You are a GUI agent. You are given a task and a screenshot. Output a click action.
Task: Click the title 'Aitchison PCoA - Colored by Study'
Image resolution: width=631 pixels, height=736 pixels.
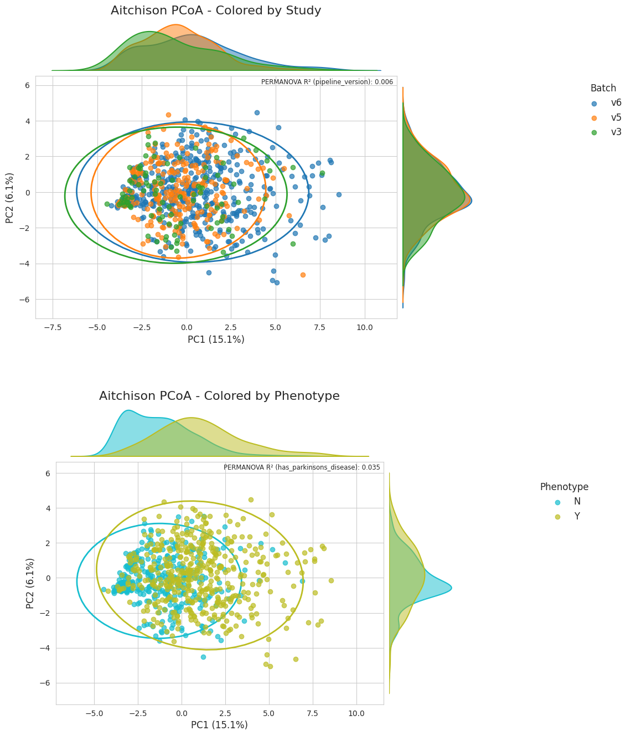[x=216, y=11]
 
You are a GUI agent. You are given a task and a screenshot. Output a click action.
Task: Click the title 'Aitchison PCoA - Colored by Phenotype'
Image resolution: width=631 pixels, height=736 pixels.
[x=219, y=395]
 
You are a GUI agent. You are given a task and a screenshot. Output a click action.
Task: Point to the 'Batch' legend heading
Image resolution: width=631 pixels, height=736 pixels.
[x=603, y=88]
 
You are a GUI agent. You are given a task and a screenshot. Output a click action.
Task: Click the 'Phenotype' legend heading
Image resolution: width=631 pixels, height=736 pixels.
[x=564, y=487]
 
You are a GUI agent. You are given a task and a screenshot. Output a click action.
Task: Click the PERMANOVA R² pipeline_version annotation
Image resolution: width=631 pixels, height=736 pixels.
[x=327, y=82]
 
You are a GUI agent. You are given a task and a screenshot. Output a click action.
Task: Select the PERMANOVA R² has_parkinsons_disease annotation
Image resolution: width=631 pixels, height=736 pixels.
[x=302, y=467]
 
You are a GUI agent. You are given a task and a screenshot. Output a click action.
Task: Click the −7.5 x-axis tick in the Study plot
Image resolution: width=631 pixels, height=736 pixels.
[x=53, y=327]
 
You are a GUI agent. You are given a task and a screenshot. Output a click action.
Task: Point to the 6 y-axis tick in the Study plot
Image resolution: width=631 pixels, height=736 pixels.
[x=28, y=85]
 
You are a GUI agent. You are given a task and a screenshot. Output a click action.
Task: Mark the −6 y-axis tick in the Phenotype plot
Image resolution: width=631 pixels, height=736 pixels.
[x=45, y=683]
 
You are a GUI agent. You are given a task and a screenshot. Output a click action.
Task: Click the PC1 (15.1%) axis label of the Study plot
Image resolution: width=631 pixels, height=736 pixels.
[x=216, y=339]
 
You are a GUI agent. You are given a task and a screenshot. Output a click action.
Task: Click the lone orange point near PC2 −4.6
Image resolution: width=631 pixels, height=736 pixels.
[x=303, y=275]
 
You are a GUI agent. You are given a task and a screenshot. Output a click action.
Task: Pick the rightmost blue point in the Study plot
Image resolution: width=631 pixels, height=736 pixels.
[x=339, y=195]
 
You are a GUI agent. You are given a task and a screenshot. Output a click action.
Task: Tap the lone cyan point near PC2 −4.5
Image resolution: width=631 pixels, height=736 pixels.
[x=203, y=657]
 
